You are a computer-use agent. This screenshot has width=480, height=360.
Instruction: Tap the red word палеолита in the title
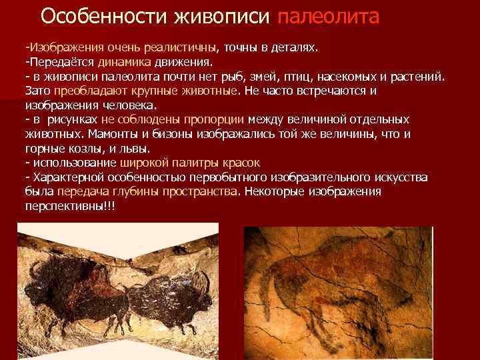pos(327,16)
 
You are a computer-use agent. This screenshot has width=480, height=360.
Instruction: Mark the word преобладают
pos(85,91)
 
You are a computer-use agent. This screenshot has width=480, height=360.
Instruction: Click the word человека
pos(129,105)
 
